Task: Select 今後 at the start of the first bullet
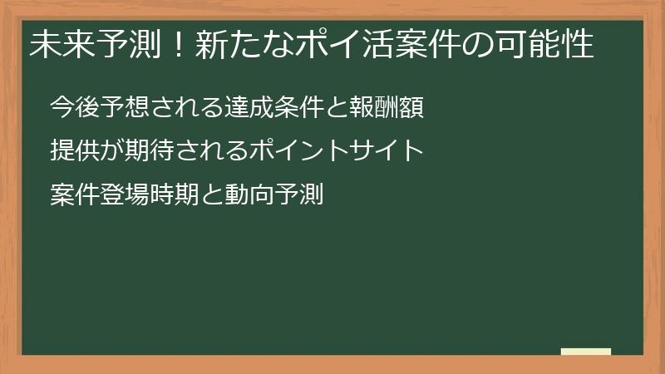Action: click(71, 107)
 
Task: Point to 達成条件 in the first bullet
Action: click(267, 107)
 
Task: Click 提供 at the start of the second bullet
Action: click(71, 151)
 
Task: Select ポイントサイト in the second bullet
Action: click(337, 151)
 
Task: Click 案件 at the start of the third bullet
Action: click(71, 195)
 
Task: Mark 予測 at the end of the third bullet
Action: click(298, 195)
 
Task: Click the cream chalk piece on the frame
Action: click(585, 352)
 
